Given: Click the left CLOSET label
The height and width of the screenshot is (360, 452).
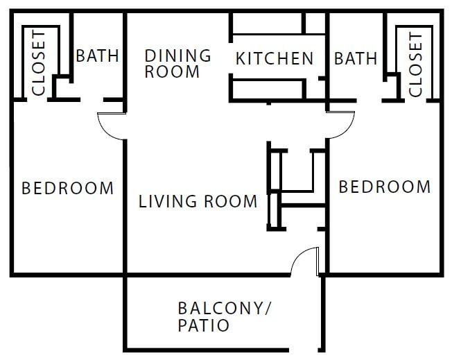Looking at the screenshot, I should click(39, 63).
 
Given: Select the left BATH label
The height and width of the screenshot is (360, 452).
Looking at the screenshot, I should click(98, 56).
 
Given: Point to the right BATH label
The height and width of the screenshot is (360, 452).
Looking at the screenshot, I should click(356, 58).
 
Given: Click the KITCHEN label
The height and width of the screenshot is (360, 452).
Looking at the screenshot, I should click(275, 58).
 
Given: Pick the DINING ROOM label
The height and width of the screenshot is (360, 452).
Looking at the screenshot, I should click(177, 63).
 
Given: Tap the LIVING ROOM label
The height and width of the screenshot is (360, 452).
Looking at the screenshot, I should click(198, 202).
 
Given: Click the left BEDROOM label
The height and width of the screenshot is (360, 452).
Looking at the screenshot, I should click(68, 188).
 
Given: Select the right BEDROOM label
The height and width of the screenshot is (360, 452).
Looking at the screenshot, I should click(384, 187).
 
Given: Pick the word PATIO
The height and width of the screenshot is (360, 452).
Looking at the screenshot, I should click(204, 324).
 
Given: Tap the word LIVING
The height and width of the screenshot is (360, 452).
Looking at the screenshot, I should click(160, 202).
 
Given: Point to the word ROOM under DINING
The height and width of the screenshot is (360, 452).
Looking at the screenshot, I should click(172, 71).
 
